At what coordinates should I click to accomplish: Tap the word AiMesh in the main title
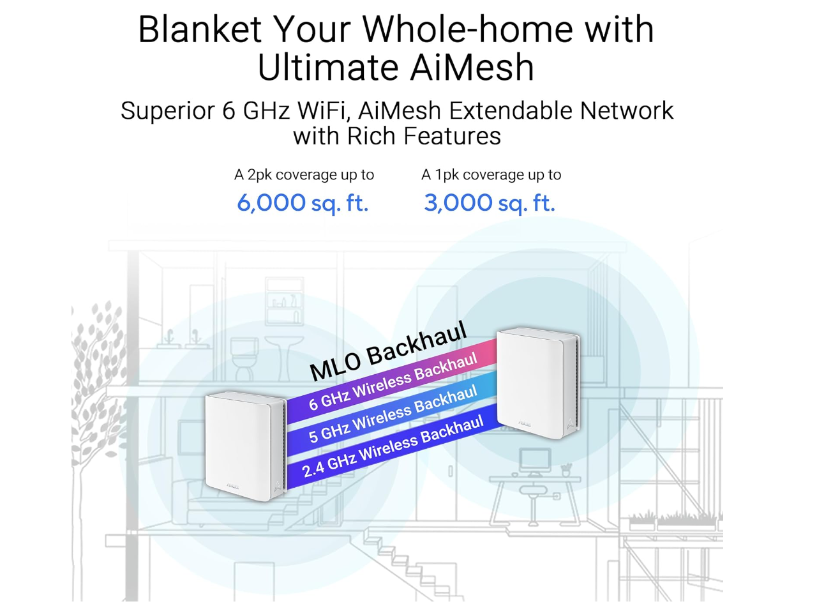[x=472, y=68]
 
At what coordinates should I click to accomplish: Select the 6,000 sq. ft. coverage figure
[x=303, y=203]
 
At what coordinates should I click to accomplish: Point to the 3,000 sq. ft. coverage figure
[x=490, y=203]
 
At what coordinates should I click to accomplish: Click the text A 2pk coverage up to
[x=304, y=175]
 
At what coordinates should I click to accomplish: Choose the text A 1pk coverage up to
[x=491, y=175]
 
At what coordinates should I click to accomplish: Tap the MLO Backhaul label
[x=388, y=351]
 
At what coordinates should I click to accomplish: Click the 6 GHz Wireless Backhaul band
[x=393, y=382]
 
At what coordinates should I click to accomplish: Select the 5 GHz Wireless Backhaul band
[x=393, y=414]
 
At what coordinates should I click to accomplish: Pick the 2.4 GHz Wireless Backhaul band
[x=393, y=447]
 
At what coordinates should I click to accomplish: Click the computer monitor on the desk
[x=535, y=459]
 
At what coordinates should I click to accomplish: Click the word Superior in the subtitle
[x=168, y=111]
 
